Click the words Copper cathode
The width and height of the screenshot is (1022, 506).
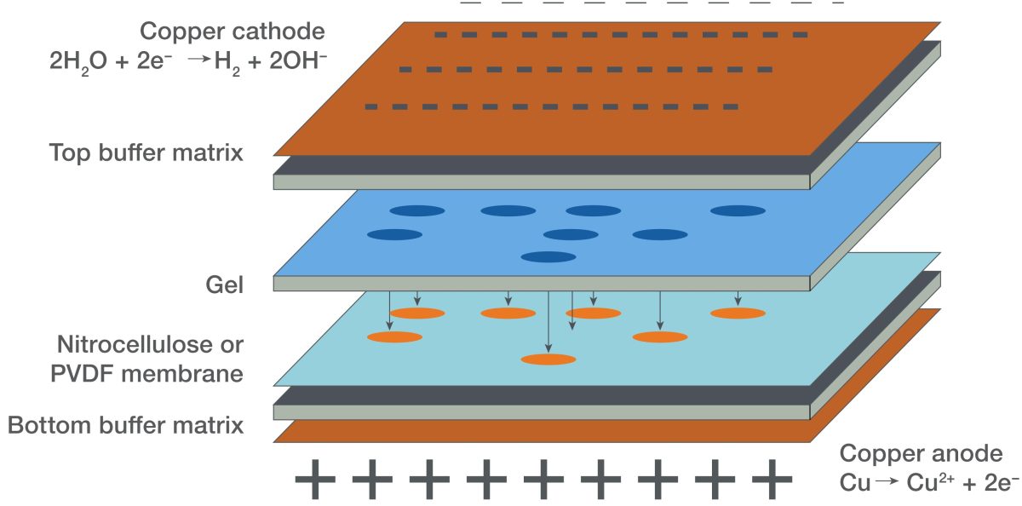point(233,32)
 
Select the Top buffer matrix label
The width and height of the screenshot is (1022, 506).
point(146,153)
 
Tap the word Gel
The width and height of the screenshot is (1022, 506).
point(225,285)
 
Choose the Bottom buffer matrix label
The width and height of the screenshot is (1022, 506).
point(126,424)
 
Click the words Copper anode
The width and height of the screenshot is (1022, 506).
point(921,453)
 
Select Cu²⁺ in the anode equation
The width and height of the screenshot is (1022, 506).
point(936,483)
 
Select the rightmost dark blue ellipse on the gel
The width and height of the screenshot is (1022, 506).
point(738,210)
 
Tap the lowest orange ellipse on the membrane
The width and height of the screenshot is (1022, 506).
point(548,359)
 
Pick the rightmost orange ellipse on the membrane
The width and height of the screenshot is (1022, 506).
point(738,313)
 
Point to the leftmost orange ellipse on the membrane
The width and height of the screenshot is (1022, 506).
point(394,337)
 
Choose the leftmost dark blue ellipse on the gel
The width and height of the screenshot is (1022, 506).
point(394,234)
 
